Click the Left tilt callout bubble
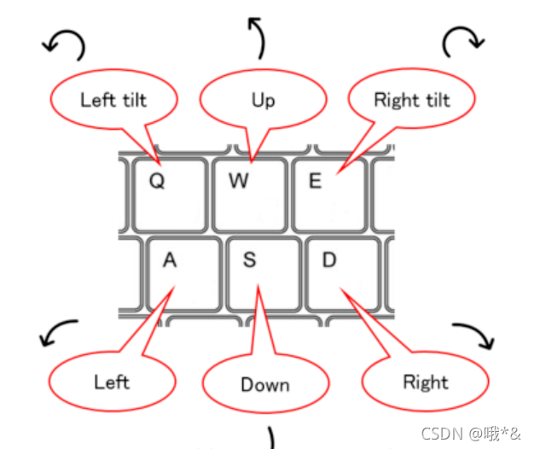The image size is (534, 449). [113, 100]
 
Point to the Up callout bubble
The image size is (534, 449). [263, 101]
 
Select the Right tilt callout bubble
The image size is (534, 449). [411, 100]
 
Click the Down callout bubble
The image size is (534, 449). [265, 385]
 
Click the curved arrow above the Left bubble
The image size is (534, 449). [59, 334]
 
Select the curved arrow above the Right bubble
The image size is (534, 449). [474, 335]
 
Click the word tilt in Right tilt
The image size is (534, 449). [434, 100]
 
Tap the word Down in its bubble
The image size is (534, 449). [265, 385]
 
